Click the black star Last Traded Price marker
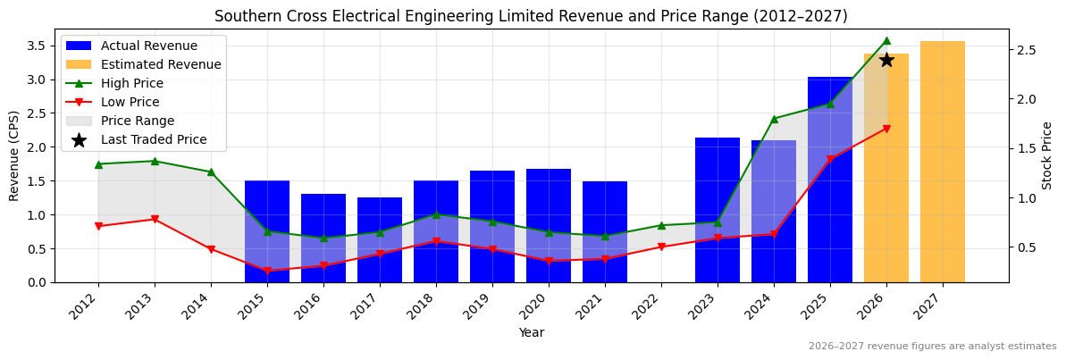click(x=886, y=60)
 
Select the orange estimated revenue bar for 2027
click(x=943, y=162)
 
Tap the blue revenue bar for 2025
click(x=830, y=180)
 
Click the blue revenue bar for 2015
click(x=267, y=231)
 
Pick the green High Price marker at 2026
click(x=886, y=40)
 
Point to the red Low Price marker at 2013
click(x=155, y=219)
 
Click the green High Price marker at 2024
click(x=774, y=119)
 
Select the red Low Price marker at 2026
click(x=886, y=129)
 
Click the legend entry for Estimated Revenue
click(x=161, y=64)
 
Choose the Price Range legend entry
click(x=137, y=121)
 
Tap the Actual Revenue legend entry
click(x=148, y=46)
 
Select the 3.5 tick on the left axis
click(x=37, y=45)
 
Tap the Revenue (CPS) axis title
click(x=14, y=155)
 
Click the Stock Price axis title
click(x=1047, y=155)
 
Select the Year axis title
click(x=532, y=332)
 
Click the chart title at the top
click(x=531, y=16)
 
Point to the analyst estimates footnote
click(x=932, y=347)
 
